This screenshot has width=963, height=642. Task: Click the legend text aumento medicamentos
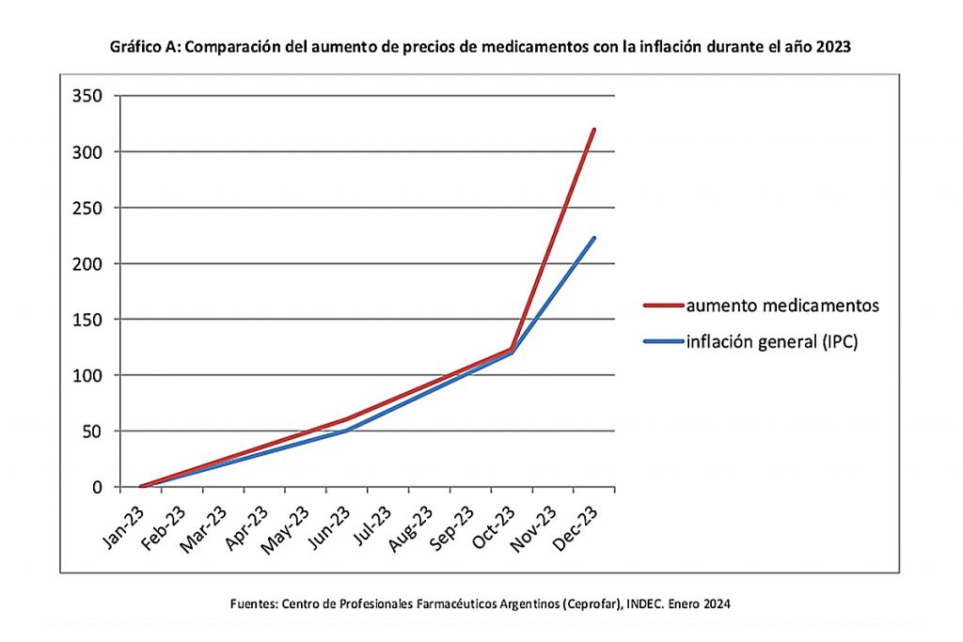[781, 305]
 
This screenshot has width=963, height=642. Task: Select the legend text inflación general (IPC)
[772, 342]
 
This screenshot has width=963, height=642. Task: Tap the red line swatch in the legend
[662, 305]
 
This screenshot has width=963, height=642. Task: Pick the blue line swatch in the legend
[662, 342]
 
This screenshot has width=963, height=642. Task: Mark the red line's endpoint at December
[593, 129]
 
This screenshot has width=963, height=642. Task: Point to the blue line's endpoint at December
[593, 238]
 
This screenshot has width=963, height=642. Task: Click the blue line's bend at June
[346, 431]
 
